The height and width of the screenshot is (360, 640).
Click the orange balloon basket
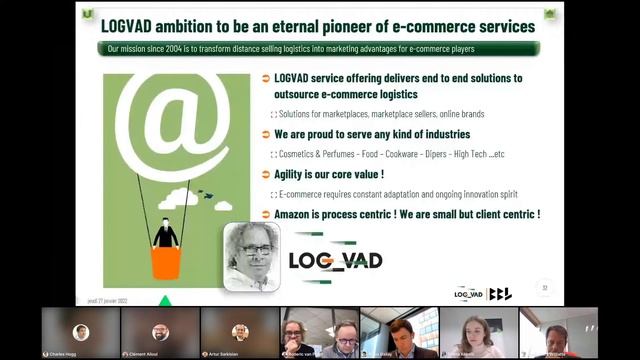click(x=165, y=262)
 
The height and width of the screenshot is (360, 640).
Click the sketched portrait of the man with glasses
click(x=250, y=256)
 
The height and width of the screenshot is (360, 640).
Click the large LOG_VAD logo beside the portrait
click(x=334, y=261)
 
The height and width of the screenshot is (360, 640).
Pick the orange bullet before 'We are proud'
click(x=265, y=134)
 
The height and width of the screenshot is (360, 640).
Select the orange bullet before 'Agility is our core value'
click(x=265, y=174)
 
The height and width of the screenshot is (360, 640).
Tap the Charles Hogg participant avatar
click(x=81, y=331)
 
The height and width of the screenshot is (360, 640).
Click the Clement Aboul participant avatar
click(x=160, y=331)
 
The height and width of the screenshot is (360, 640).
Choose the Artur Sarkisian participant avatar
click(x=239, y=331)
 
